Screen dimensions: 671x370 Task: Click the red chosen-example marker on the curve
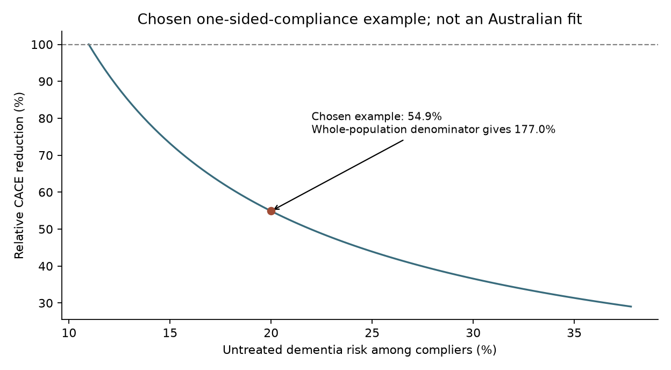click(x=271, y=211)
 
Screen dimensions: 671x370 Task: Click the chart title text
click(x=360, y=19)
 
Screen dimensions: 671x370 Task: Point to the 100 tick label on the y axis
click(x=42, y=45)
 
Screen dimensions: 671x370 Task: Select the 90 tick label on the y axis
click(x=46, y=82)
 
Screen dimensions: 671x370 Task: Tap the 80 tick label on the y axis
click(x=46, y=119)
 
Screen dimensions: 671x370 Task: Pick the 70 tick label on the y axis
click(x=46, y=155)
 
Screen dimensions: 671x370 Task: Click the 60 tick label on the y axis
click(x=46, y=193)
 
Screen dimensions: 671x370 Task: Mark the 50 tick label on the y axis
click(x=46, y=230)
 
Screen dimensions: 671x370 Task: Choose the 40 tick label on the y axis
click(x=46, y=266)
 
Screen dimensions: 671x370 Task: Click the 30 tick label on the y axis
click(x=46, y=303)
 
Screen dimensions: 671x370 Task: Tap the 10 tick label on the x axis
click(x=69, y=333)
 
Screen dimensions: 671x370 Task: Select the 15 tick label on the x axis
click(x=170, y=333)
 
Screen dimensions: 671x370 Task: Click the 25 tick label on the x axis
click(x=372, y=333)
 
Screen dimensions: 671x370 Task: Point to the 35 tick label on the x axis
click(x=574, y=333)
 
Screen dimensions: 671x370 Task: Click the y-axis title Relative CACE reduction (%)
click(x=19, y=175)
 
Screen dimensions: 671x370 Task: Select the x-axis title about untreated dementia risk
click(x=360, y=350)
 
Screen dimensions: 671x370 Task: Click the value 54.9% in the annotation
click(x=425, y=117)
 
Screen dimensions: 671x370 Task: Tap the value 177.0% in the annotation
click(x=534, y=130)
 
